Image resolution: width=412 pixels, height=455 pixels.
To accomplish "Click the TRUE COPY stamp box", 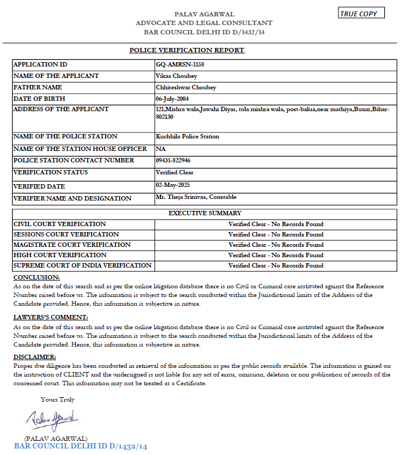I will tap(361, 13).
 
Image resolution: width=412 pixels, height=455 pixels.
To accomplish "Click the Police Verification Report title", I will tap(187, 50).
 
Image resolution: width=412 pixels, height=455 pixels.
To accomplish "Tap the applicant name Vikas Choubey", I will tap(176, 76).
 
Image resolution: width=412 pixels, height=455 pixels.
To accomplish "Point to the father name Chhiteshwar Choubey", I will tap(186, 87).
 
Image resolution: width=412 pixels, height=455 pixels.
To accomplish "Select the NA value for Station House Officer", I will tap(160, 148).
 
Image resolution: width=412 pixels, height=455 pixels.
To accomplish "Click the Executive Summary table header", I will tap(205, 213).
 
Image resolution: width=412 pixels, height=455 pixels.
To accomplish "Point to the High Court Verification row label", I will tap(60, 255).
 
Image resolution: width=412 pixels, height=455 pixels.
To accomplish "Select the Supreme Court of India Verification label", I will tap(82, 265).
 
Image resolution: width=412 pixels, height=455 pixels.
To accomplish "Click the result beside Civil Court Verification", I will tap(276, 224).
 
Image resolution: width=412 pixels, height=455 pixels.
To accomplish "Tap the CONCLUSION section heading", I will tap(37, 278).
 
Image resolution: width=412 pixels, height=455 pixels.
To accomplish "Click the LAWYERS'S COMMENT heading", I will tap(51, 317).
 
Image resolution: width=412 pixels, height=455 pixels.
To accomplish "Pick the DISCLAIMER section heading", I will tap(34, 356).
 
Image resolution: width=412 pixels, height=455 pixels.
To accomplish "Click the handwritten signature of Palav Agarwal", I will tap(53, 421).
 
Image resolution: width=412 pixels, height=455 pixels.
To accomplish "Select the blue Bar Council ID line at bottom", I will tap(81, 447).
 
